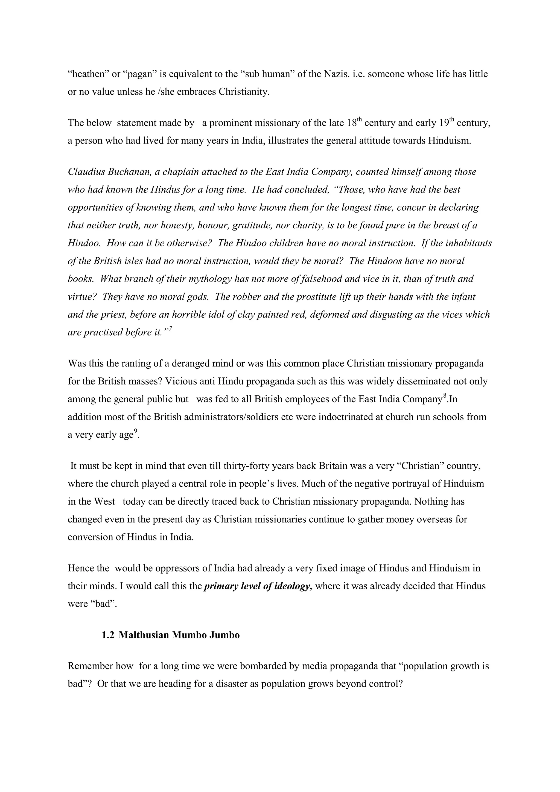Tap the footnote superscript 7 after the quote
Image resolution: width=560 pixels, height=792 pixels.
tap(170, 328)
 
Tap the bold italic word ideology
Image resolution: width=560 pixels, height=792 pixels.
tap(292, 586)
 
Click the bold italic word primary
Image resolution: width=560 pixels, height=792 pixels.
tap(221, 586)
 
